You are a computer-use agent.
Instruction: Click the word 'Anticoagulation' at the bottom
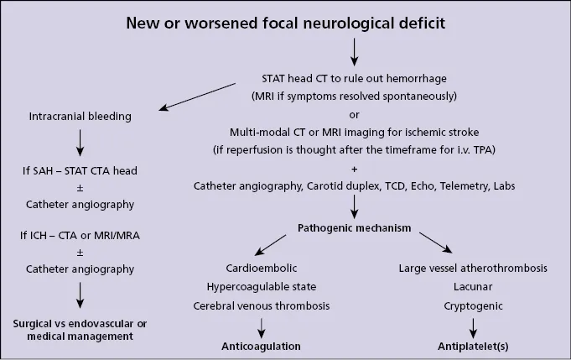click(261, 346)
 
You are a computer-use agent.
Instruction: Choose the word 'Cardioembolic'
click(261, 269)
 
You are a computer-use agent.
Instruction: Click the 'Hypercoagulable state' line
click(261, 288)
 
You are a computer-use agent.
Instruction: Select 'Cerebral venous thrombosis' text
click(261, 306)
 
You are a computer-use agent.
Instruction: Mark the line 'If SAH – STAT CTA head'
click(80, 170)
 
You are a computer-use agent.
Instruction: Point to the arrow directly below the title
click(353, 52)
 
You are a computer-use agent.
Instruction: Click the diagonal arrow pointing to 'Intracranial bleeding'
click(198, 97)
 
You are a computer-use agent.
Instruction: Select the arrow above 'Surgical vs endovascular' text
click(80, 295)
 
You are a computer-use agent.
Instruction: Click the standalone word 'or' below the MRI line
click(353, 114)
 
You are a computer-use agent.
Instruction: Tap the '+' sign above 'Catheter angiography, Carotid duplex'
click(353, 168)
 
